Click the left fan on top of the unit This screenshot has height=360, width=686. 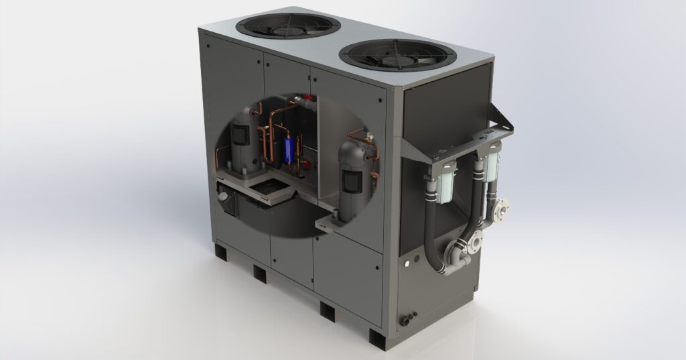point(288,25)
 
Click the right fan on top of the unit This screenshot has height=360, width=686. point(397,54)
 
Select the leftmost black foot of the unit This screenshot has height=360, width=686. point(221,251)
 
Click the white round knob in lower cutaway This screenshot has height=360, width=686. point(224,197)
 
